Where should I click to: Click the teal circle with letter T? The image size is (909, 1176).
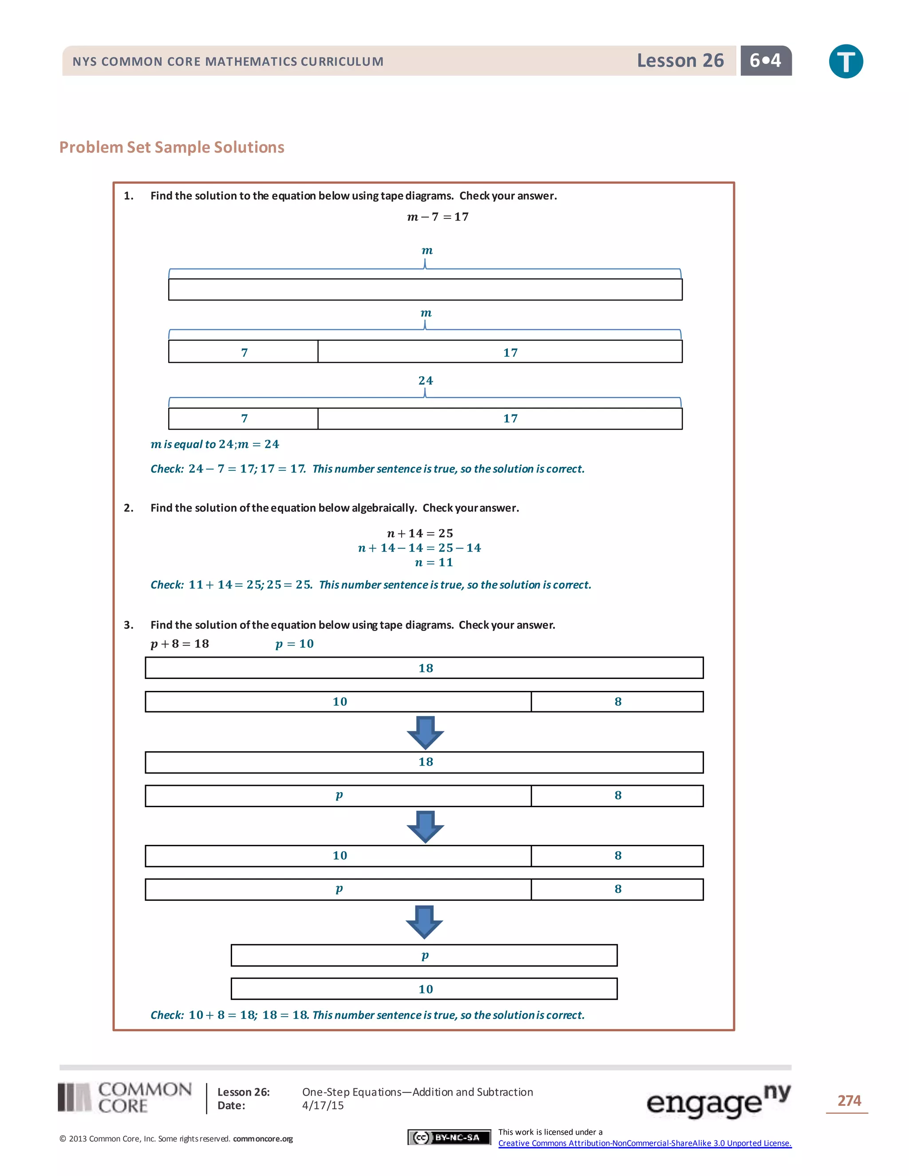(x=846, y=61)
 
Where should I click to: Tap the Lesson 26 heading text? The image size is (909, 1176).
(x=680, y=60)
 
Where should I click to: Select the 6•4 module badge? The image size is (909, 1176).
(x=765, y=60)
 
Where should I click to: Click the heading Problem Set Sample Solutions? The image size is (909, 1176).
(x=172, y=147)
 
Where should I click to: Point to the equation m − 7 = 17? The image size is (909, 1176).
(x=437, y=217)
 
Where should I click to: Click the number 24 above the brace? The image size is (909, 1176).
(x=425, y=380)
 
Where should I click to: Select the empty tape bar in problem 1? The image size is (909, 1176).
(x=425, y=289)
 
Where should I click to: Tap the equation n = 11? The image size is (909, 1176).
(x=434, y=562)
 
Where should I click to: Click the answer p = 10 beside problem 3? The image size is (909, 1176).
(x=294, y=643)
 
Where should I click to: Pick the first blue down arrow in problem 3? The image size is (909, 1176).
(x=425, y=732)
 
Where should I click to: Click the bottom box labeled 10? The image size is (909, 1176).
(x=424, y=989)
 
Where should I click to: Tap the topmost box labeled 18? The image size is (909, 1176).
(x=424, y=668)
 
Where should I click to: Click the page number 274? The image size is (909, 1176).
(x=849, y=1101)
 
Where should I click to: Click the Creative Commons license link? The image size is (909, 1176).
(x=644, y=1143)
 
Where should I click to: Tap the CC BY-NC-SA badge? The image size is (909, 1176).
(x=449, y=1137)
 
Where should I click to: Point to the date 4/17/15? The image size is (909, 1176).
(x=323, y=1105)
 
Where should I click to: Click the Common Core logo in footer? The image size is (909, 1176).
(x=125, y=1097)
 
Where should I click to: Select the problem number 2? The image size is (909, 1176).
(x=128, y=508)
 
